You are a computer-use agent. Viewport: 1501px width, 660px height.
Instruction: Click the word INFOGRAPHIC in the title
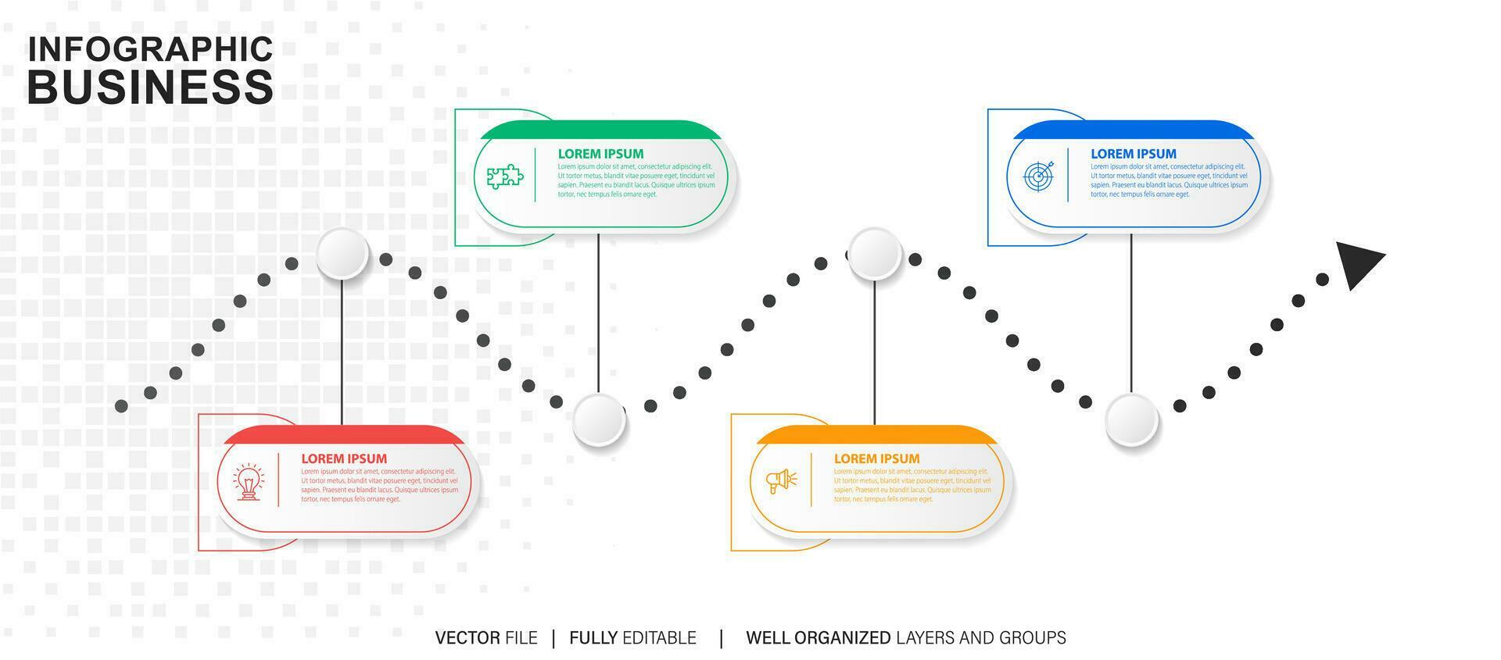tap(150, 49)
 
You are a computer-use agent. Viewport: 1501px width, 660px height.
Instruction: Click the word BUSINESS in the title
tap(150, 87)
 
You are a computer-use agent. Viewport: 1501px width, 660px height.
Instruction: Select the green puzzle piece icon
tap(505, 176)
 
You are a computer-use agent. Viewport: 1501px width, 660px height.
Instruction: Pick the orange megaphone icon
tap(781, 480)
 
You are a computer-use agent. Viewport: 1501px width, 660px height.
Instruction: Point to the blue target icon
tap(1038, 176)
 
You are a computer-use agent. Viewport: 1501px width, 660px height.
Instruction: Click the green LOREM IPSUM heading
tap(600, 154)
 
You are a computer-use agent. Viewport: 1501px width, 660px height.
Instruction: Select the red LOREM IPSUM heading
tap(344, 458)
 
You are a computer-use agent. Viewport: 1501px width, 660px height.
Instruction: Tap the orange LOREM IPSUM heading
tap(876, 458)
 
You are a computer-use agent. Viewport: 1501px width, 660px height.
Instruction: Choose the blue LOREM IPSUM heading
tap(1134, 154)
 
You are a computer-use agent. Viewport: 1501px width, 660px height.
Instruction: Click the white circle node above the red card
tap(342, 254)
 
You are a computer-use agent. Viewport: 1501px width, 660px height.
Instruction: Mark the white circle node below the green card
tap(599, 420)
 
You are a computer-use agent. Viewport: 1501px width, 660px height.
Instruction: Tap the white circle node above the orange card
tap(875, 254)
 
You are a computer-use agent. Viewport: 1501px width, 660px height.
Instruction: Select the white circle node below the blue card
tap(1131, 420)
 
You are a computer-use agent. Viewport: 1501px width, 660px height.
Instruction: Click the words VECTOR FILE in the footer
tap(486, 638)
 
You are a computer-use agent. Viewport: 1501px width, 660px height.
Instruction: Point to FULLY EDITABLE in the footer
tap(632, 638)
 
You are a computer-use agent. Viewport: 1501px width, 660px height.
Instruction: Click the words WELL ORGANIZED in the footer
tap(818, 638)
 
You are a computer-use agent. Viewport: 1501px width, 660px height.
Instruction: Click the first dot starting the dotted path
tap(121, 405)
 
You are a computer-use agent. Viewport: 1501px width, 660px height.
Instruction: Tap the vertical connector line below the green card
tap(599, 312)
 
